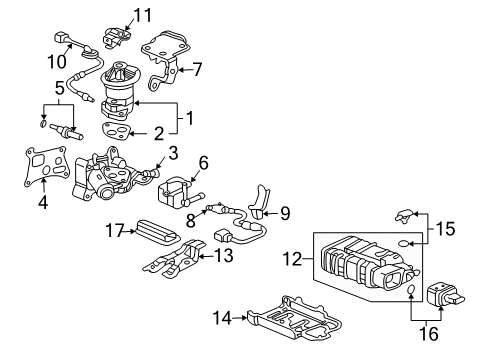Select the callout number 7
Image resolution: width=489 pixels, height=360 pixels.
tap(196, 69)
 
